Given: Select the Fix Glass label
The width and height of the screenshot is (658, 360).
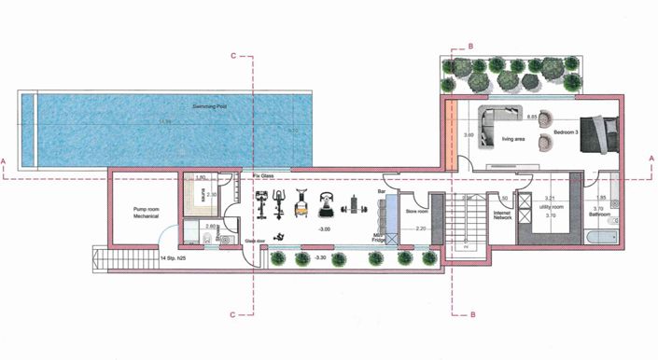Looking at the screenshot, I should point(262,176).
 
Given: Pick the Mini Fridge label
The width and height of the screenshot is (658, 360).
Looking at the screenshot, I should point(380,239).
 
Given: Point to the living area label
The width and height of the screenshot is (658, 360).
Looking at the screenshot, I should point(513,139).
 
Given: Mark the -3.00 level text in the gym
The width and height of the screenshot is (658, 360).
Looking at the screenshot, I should point(325,228).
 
